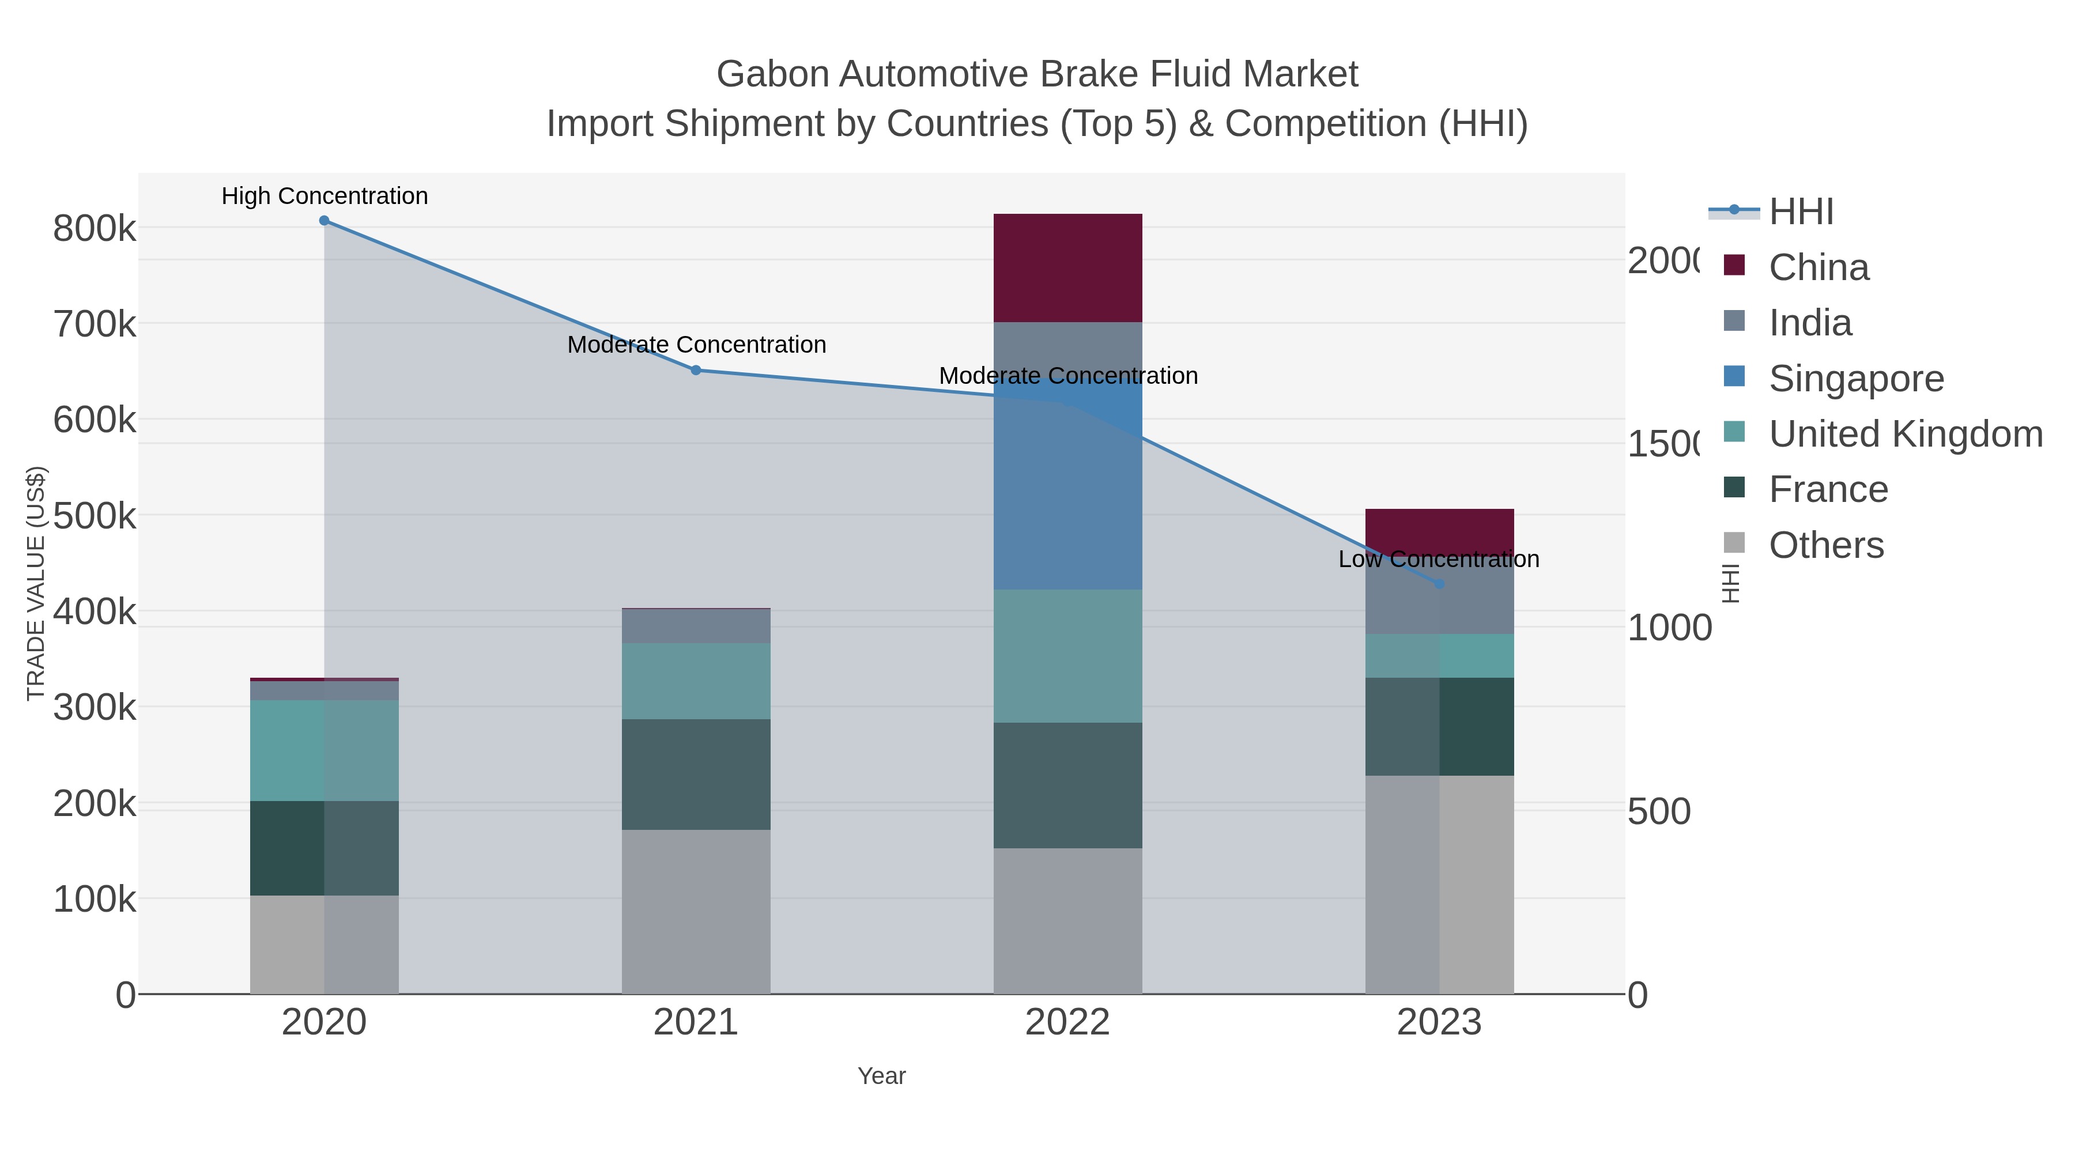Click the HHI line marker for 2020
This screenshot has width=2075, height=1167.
pos(324,221)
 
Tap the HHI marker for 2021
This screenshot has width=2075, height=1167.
pos(696,371)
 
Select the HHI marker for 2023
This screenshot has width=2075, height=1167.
pos(1439,584)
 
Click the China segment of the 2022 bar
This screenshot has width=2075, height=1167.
pos(1067,268)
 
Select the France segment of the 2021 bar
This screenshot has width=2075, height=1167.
pos(696,774)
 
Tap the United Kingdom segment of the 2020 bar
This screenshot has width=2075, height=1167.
pos(324,750)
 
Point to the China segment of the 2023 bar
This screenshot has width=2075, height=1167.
pos(1439,527)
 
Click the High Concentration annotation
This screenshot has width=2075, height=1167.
pos(325,197)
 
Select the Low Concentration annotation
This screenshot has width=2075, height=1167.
pos(1439,560)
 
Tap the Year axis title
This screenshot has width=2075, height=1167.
pos(881,1076)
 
